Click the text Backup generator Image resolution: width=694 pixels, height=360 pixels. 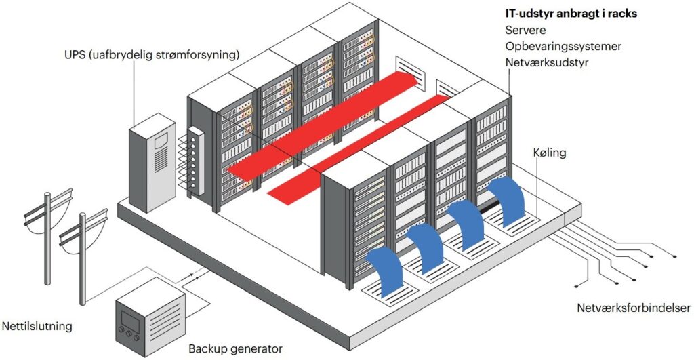[x=234, y=349]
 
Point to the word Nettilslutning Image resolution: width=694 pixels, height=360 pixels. [x=37, y=327]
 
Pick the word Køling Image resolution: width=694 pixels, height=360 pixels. [x=549, y=153]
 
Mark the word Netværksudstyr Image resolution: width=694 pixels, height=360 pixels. [x=546, y=62]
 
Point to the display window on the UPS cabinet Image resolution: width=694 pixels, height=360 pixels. [x=161, y=142]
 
